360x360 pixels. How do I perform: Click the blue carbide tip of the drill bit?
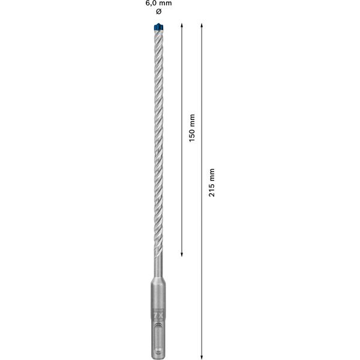coord(158,26)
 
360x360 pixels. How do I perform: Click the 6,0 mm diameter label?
coord(158,4)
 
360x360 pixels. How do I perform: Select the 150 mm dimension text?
coord(191,128)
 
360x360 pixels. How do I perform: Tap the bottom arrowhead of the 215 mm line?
coord(202,355)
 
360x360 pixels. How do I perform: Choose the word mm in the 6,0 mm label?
coord(164,4)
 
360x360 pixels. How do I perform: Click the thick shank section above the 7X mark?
coord(158,294)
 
